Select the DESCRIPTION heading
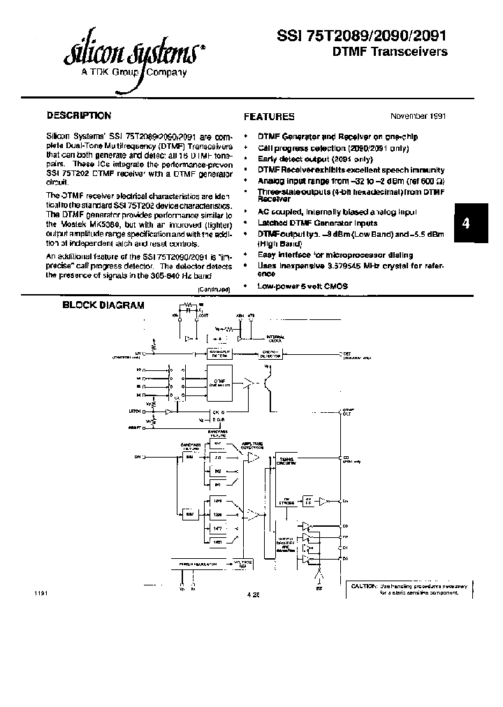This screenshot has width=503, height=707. tap(78, 115)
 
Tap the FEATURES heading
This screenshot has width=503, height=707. tap(269, 117)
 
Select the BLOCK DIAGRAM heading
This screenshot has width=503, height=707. tap(103, 305)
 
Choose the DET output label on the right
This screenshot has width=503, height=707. tap(347, 353)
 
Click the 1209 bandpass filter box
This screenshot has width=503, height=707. tap(217, 501)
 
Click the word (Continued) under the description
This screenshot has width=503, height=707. tap(215, 288)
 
